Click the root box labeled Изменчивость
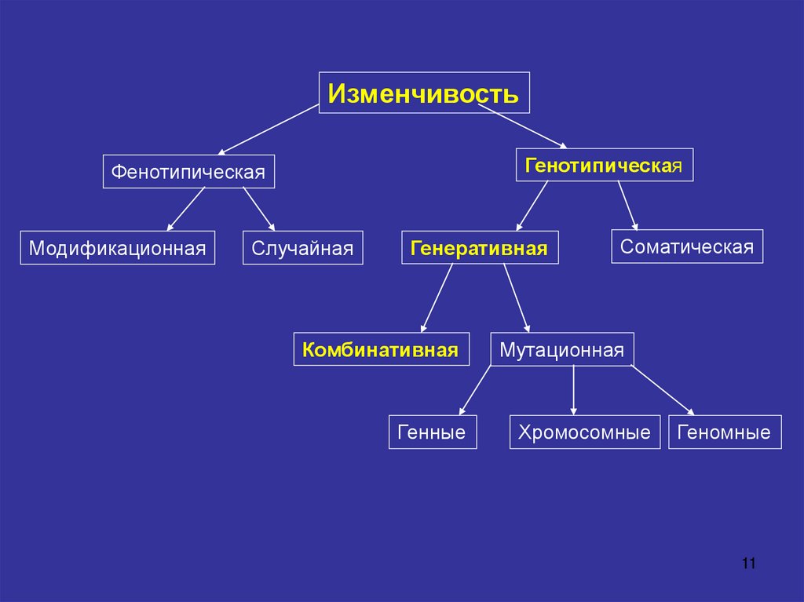[x=424, y=93]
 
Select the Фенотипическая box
[x=188, y=171]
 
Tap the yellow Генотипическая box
[x=604, y=165]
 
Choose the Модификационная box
[x=117, y=248]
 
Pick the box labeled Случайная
[x=302, y=248]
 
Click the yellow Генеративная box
[x=480, y=248]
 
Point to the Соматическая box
[x=687, y=246]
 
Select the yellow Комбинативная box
[x=381, y=349]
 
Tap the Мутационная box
[x=561, y=349]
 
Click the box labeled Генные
[x=432, y=432]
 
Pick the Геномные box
[x=725, y=432]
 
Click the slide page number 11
[x=747, y=564]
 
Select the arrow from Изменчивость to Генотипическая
[x=522, y=126]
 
